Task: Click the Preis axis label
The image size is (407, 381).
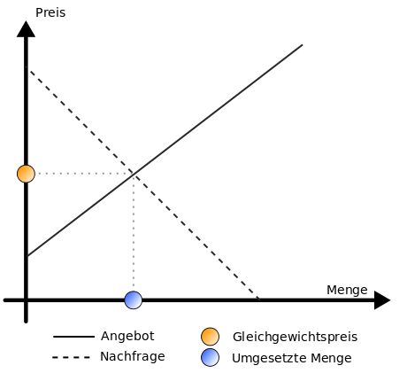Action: pyautogui.click(x=50, y=13)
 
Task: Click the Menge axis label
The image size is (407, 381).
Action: pyautogui.click(x=347, y=290)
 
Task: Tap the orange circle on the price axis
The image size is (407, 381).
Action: pyautogui.click(x=26, y=174)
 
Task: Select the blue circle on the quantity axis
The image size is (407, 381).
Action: pyautogui.click(x=134, y=300)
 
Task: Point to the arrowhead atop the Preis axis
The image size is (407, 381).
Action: pyautogui.click(x=26, y=29)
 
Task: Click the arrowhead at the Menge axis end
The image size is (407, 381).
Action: pyautogui.click(x=382, y=300)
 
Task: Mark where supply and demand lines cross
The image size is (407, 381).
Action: pyautogui.click(x=134, y=175)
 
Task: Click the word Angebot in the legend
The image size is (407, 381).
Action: pyautogui.click(x=127, y=336)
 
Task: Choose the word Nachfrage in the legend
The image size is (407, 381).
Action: pyautogui.click(x=133, y=356)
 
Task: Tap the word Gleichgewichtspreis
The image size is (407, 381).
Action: pyautogui.click(x=295, y=337)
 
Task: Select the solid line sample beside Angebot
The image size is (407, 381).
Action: pyautogui.click(x=73, y=337)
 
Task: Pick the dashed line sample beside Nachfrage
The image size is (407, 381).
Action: pyautogui.click(x=71, y=357)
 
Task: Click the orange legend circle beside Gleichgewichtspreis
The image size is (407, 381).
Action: pyautogui.click(x=210, y=337)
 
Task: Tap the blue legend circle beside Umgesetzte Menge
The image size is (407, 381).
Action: pyautogui.click(x=210, y=357)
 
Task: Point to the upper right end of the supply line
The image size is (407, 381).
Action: pyautogui.click(x=303, y=45)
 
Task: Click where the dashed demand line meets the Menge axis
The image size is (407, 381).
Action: pyautogui.click(x=259, y=299)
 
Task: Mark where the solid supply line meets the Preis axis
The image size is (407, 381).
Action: pyautogui.click(x=27, y=256)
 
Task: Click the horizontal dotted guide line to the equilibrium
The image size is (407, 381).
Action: pyautogui.click(x=84, y=174)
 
